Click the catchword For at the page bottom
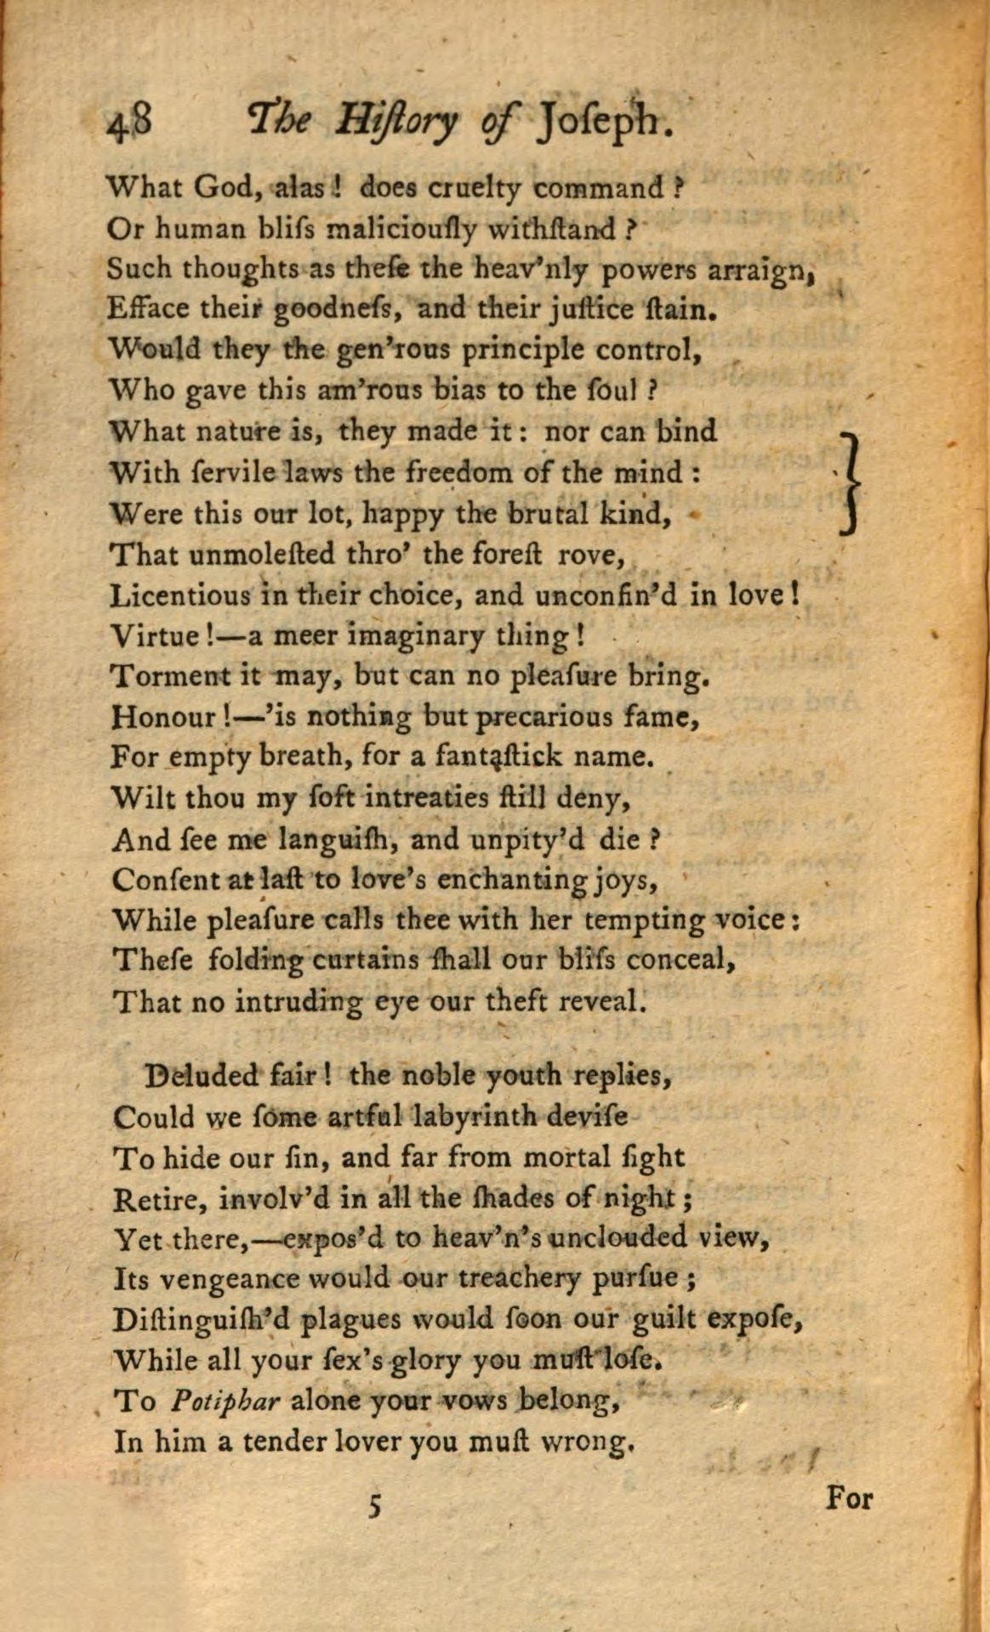[849, 1498]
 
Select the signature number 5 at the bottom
[373, 1506]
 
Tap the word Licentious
[180, 594]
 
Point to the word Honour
[165, 718]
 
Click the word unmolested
[259, 554]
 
